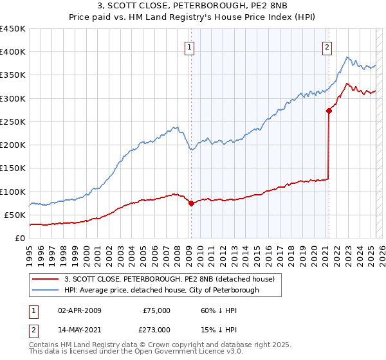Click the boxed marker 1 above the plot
tap(190, 46)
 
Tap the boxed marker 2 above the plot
tap(327, 46)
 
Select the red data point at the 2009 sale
tap(191, 203)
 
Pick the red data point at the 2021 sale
tap(329, 111)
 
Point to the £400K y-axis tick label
tap(13, 52)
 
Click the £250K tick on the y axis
tap(13, 122)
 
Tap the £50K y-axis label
tap(15, 215)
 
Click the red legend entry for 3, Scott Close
tap(169, 279)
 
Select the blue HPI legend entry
tap(161, 290)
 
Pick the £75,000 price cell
tap(156, 310)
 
